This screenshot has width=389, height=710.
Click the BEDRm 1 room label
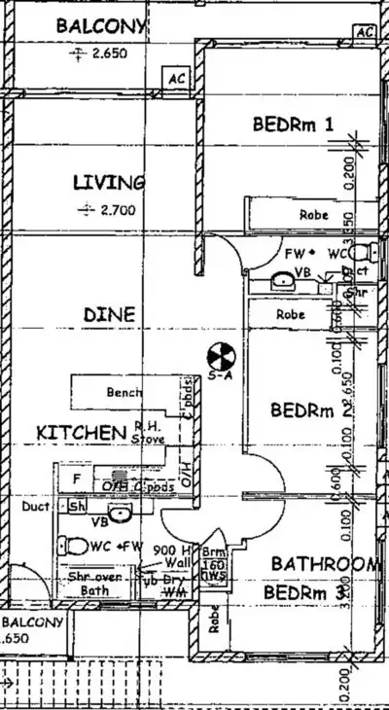[293, 124]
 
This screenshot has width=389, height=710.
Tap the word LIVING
[110, 182]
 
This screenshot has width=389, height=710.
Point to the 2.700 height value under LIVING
[117, 209]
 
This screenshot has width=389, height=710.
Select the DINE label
[109, 315]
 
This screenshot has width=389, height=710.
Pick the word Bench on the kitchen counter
[124, 392]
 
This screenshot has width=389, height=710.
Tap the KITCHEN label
[82, 431]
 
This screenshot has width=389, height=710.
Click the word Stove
[150, 440]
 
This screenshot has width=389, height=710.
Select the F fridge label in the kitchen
[75, 479]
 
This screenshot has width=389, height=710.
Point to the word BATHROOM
[323, 564]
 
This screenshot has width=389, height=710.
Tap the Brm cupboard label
[213, 551]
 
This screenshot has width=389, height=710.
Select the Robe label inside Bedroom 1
[313, 215]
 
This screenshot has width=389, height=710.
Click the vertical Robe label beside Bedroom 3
[214, 619]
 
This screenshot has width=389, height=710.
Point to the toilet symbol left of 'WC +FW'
[74, 546]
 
